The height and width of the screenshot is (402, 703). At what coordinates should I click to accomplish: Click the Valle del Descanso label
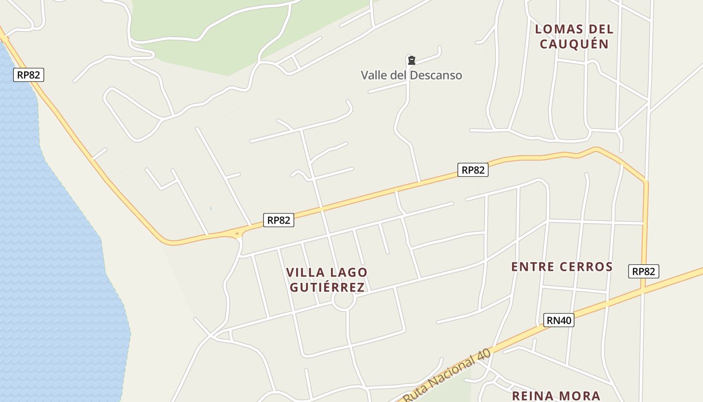click(411, 75)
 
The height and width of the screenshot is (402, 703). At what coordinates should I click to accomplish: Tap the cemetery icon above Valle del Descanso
click(412, 61)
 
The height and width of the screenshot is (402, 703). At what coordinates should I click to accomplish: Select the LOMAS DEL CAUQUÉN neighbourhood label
click(574, 36)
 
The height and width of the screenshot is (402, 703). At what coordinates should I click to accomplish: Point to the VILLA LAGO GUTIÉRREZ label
click(326, 280)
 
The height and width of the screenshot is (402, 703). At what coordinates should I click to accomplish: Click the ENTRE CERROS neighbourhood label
click(562, 267)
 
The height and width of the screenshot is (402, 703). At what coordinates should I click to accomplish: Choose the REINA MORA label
click(556, 396)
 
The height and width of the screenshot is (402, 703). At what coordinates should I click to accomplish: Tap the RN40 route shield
click(558, 320)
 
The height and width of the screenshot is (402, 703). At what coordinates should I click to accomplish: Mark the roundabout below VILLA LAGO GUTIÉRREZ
click(344, 300)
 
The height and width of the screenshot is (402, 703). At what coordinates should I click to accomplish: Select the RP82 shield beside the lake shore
click(29, 75)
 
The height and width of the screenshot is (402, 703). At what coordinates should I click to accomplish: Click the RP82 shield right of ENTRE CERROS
click(643, 271)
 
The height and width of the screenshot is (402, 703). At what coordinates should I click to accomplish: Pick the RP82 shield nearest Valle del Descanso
click(473, 170)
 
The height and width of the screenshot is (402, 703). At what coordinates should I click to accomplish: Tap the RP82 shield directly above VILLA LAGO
click(278, 220)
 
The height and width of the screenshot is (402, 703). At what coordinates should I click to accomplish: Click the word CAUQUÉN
click(574, 44)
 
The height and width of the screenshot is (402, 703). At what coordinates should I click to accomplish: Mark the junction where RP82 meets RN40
click(643, 289)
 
